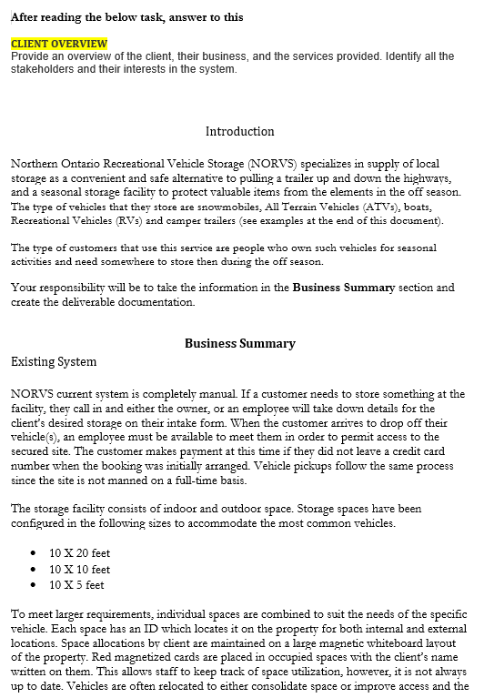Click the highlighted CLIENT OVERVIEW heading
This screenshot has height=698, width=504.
tap(58, 44)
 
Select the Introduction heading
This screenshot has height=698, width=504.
tap(239, 131)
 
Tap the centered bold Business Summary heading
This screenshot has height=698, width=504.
tap(239, 343)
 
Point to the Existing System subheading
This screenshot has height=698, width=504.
tap(54, 361)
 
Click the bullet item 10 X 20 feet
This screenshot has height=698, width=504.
tap(79, 552)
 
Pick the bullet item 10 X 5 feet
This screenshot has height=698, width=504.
tap(76, 584)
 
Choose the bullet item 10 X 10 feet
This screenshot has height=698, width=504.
tap(79, 569)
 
